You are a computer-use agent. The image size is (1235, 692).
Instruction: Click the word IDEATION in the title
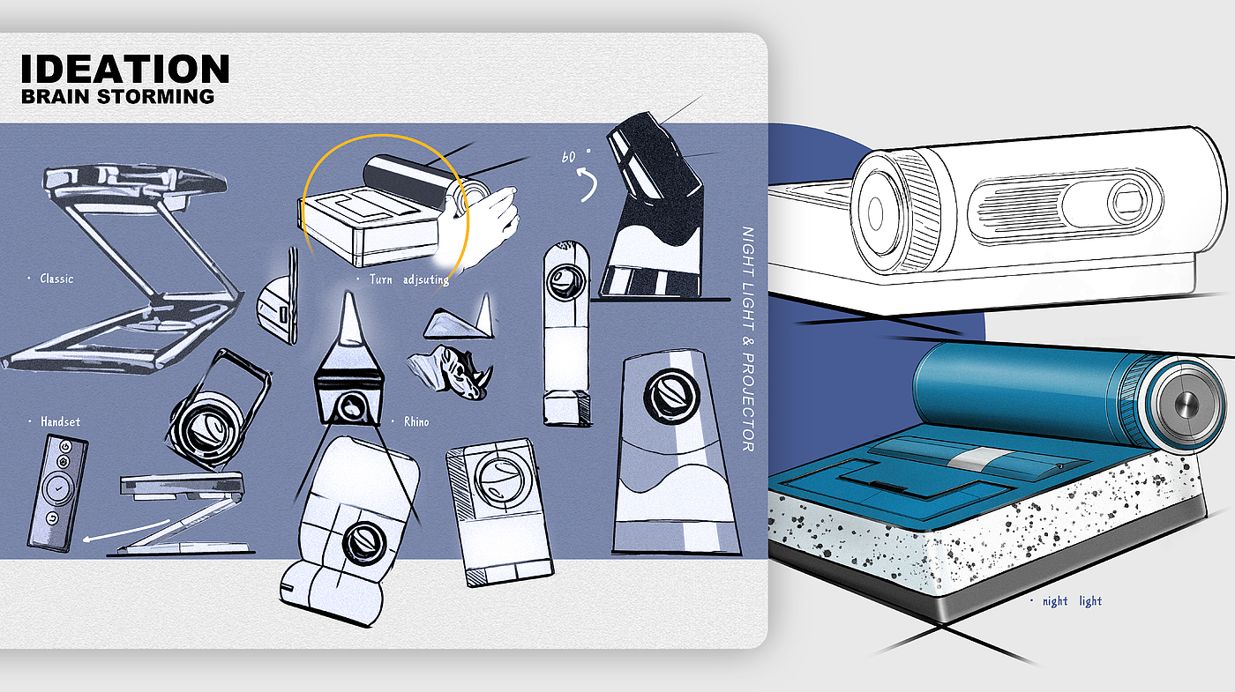tap(124, 69)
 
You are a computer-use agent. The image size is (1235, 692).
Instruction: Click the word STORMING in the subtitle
tap(155, 96)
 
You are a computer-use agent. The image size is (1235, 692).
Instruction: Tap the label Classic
tap(56, 279)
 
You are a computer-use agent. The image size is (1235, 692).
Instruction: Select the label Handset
tap(60, 421)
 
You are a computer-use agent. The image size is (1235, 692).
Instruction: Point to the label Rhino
tap(416, 421)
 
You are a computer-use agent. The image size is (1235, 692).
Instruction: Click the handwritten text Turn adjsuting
tap(409, 279)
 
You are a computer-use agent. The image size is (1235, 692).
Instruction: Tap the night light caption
tap(1072, 601)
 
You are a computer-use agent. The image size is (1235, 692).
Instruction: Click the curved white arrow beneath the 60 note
tap(588, 184)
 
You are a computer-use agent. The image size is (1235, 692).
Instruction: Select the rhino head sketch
tap(450, 371)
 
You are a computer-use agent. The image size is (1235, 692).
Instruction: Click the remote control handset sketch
tap(57, 493)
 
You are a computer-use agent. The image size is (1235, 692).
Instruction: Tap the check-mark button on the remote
tap(58, 487)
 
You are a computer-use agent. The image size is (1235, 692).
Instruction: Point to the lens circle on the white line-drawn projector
tap(876, 212)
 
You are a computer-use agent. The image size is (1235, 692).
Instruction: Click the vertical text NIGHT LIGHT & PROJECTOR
tap(748, 339)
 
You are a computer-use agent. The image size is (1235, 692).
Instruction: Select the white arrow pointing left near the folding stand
tap(125, 530)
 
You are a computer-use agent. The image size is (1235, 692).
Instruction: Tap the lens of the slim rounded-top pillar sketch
tap(566, 281)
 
